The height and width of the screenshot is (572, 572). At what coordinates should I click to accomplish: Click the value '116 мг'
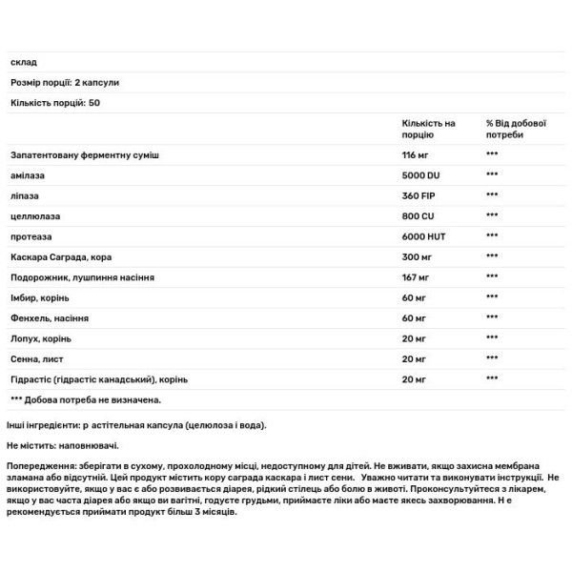[415, 155]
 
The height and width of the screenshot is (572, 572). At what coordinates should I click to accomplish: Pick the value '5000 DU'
[420, 174]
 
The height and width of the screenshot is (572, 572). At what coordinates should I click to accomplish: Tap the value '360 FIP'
[419, 194]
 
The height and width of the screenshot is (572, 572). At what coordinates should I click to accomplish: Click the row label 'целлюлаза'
[35, 214]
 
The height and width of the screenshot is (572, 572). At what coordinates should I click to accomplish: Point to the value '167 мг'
[414, 277]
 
